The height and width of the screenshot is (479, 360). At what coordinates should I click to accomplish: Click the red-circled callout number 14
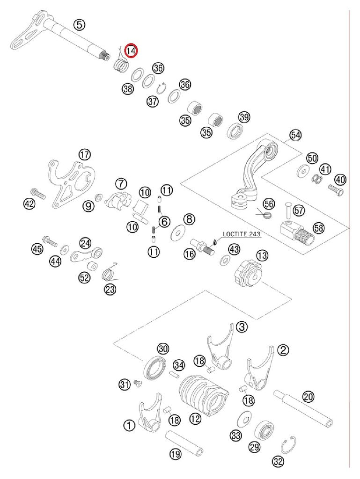[x=131, y=51]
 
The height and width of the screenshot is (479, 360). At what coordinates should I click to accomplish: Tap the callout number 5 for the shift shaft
[x=80, y=24]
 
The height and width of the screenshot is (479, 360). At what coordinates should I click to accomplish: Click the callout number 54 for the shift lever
[x=295, y=135]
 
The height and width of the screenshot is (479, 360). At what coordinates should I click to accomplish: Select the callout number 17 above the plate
[x=84, y=154]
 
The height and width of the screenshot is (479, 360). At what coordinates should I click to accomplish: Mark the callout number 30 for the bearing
[x=162, y=348]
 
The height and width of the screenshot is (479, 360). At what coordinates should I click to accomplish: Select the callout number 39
[x=244, y=116]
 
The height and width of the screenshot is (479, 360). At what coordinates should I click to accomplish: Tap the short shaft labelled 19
[x=186, y=445]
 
